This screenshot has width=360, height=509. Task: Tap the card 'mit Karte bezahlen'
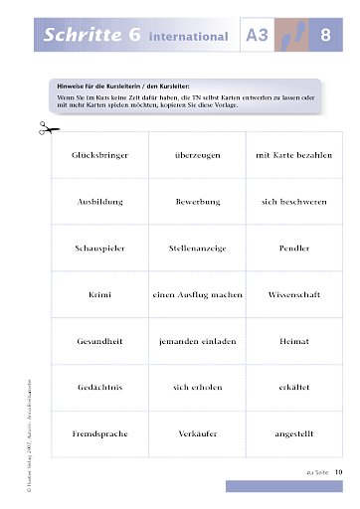pos(293,156)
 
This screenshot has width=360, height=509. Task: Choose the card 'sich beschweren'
pos(293,201)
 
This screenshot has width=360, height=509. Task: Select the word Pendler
pos(293,248)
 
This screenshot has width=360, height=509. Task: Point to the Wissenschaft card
pos(293,294)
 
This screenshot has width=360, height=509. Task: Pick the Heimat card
pos(293,340)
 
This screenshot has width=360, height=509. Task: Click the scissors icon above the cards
pos(45,127)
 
